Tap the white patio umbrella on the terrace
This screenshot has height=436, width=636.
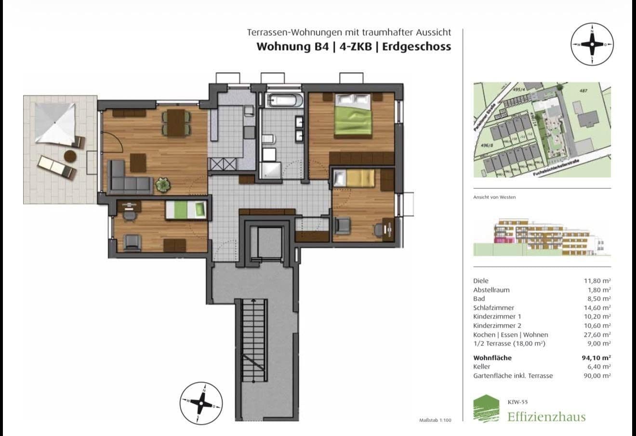pyautogui.click(x=55, y=124)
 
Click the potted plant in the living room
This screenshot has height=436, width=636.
pyautogui.click(x=162, y=184)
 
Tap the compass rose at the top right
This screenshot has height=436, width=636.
pyautogui.click(x=592, y=44)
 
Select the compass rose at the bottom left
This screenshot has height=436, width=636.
pyautogui.click(x=201, y=403)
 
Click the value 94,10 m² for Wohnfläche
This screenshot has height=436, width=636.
pyautogui.click(x=596, y=357)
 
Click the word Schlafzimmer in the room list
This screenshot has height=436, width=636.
pyautogui.click(x=493, y=307)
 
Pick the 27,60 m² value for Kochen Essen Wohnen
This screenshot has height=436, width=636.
pyautogui.click(x=597, y=334)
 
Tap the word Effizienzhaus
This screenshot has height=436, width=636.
pyautogui.click(x=546, y=416)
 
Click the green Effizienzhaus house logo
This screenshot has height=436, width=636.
pyautogui.click(x=486, y=409)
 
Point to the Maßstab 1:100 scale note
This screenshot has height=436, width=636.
pyautogui.click(x=435, y=420)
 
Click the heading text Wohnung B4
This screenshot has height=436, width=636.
pyautogui.click(x=292, y=47)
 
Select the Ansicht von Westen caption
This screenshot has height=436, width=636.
pyautogui.click(x=494, y=197)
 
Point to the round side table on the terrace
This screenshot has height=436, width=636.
pyautogui.click(x=70, y=156)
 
